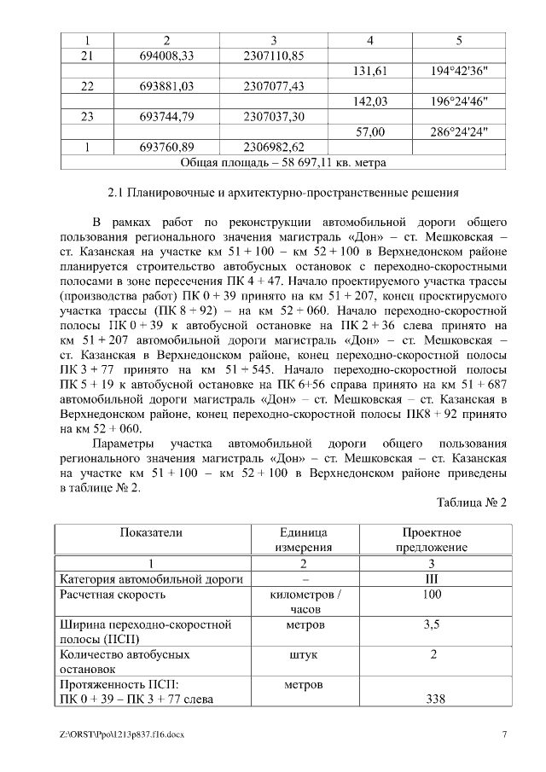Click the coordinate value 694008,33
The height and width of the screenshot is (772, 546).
167,55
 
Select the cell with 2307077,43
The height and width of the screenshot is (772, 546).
274,86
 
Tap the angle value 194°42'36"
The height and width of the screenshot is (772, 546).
459,71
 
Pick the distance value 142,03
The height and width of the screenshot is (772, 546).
369,102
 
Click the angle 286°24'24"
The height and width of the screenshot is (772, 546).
459,132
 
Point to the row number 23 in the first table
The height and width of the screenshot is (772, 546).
87,117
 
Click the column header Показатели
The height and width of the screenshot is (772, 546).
150,532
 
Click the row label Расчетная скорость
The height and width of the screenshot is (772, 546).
111,595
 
